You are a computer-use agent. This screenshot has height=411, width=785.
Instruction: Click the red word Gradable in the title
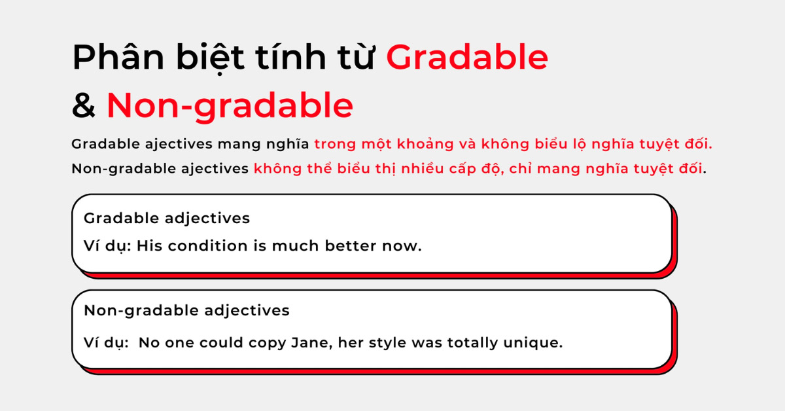pos(466,58)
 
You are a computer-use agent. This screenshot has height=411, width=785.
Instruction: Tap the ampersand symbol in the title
pos(84,105)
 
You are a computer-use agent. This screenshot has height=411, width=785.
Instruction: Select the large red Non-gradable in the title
pos(230,105)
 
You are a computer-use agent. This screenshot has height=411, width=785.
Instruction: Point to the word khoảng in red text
pos(449,144)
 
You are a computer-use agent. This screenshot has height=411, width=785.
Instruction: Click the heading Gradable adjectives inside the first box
pos(167,218)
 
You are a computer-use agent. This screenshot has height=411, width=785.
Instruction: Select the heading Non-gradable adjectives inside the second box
pos(186,310)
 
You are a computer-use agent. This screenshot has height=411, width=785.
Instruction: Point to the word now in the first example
pos(405,247)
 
